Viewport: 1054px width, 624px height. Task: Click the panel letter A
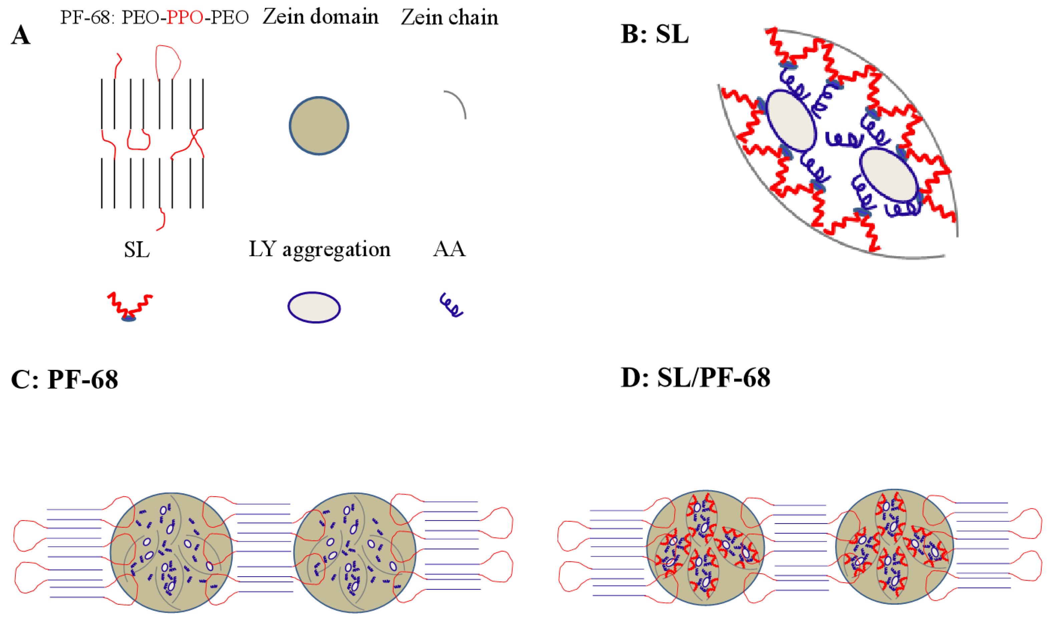click(x=21, y=35)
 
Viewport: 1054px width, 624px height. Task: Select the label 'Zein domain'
click(x=321, y=17)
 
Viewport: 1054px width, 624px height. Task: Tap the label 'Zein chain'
click(x=449, y=17)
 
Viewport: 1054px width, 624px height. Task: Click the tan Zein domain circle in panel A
click(x=319, y=126)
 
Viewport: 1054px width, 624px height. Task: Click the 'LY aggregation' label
click(x=320, y=250)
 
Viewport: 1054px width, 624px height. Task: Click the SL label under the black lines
click(x=137, y=250)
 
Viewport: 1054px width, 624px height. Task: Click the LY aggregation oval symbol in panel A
click(x=314, y=307)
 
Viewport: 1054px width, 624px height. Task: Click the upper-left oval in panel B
click(x=791, y=121)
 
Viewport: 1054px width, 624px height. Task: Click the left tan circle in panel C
click(x=171, y=553)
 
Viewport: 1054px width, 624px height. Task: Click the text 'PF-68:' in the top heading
click(x=87, y=18)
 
